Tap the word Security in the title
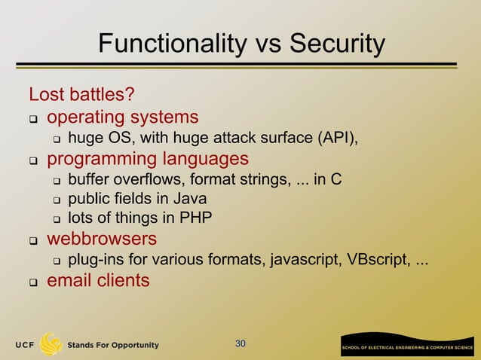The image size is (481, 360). [x=332, y=44]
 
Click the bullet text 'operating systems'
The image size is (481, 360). [x=123, y=117]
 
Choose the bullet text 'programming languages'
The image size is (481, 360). [x=148, y=159]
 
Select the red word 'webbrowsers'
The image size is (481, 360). [x=102, y=239]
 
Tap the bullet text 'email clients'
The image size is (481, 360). [x=98, y=280]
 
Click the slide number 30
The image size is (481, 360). [x=240, y=344]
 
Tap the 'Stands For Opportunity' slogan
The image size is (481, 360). [x=114, y=345]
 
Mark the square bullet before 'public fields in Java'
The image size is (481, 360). [x=56, y=200]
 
